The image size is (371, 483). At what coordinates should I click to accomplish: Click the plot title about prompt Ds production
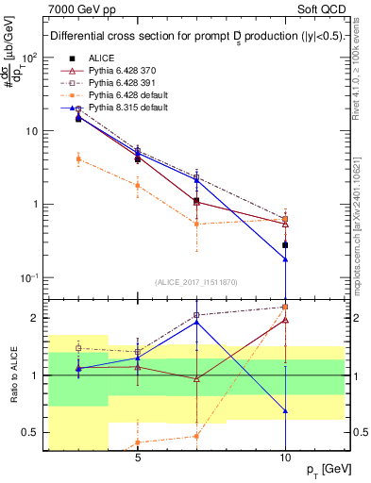click(196, 37)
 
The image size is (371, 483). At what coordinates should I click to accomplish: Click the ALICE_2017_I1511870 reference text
click(196, 281)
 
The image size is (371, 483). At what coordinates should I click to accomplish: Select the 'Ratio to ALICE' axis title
click(13, 375)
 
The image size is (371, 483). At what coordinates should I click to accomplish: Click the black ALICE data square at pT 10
click(285, 244)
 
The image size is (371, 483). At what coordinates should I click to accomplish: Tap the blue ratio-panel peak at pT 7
click(196, 322)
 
